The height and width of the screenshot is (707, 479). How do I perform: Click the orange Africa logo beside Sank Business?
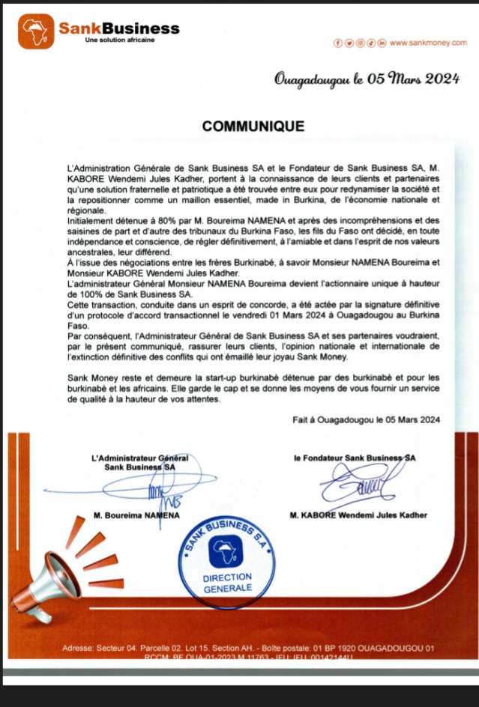36,31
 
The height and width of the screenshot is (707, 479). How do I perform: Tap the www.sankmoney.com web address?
428,44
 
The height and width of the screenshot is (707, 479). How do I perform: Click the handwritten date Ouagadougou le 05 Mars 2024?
367,80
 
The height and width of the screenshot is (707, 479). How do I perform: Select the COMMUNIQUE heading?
253,127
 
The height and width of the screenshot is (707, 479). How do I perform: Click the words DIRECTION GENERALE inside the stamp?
228,583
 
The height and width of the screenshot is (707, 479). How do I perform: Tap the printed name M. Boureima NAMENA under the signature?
136,516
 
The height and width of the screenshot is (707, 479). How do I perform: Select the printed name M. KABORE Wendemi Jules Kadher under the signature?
358,515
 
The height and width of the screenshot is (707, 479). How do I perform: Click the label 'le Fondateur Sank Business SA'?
355,456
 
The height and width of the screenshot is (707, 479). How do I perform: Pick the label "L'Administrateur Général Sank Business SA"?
139,461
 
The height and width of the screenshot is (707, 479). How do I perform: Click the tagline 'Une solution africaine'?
120,40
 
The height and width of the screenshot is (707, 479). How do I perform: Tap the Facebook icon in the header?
337,44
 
